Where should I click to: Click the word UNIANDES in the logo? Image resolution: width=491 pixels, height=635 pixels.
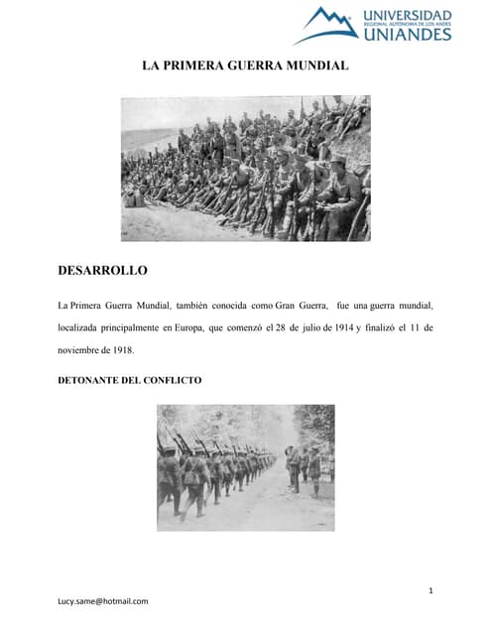point(407,35)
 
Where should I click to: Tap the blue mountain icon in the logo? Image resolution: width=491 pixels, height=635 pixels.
point(326,24)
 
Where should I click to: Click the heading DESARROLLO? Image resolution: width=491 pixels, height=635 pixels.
point(103,270)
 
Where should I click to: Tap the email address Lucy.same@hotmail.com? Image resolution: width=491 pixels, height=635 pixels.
point(103,601)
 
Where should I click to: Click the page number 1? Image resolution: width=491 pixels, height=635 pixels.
point(431,592)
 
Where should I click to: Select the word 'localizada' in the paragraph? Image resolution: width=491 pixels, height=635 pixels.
point(80,326)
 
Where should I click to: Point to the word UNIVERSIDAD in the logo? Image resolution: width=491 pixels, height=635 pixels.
point(408,16)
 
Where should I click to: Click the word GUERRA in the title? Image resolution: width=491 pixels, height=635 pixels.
point(256,65)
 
